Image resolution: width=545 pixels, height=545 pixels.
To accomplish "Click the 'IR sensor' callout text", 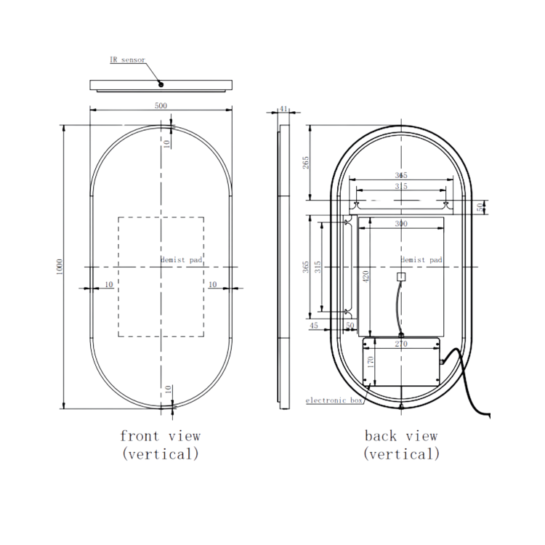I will click(127, 60).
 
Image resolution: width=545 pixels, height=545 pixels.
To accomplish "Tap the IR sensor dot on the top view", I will click(161, 84).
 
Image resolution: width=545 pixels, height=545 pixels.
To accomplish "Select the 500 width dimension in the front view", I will click(161, 105).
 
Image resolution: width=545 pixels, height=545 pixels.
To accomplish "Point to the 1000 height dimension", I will click(59, 267).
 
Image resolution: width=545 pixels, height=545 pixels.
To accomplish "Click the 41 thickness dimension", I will click(284, 109).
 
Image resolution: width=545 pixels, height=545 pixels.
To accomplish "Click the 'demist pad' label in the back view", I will click(421, 259).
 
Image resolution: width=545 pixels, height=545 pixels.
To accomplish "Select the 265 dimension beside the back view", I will click(306, 163).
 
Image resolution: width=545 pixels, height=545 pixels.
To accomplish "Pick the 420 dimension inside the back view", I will click(366, 276).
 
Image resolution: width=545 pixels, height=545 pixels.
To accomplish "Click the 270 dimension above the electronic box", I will click(401, 344).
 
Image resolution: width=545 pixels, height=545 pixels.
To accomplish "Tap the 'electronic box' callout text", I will click(334, 400).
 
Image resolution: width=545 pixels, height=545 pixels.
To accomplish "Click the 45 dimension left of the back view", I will click(314, 326).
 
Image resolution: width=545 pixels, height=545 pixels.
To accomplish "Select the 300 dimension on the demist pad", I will click(401, 224).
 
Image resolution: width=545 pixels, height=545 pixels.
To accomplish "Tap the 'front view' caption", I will click(160, 436).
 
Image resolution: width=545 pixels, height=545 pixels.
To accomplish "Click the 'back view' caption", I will click(401, 436).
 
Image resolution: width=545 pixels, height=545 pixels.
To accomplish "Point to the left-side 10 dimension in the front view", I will click(108, 284).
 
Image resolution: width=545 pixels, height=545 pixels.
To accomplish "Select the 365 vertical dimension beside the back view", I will click(306, 267).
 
